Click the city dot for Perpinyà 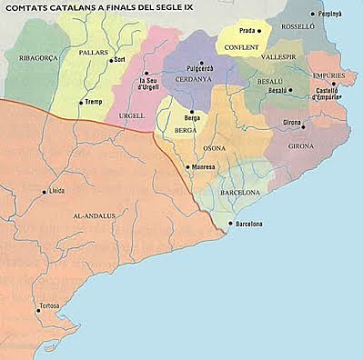coord(313,15)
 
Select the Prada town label coord(247,31)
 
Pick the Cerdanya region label coord(193,78)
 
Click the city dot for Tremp coord(82,102)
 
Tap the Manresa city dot coord(187,167)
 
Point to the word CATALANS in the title coord(76,7)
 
